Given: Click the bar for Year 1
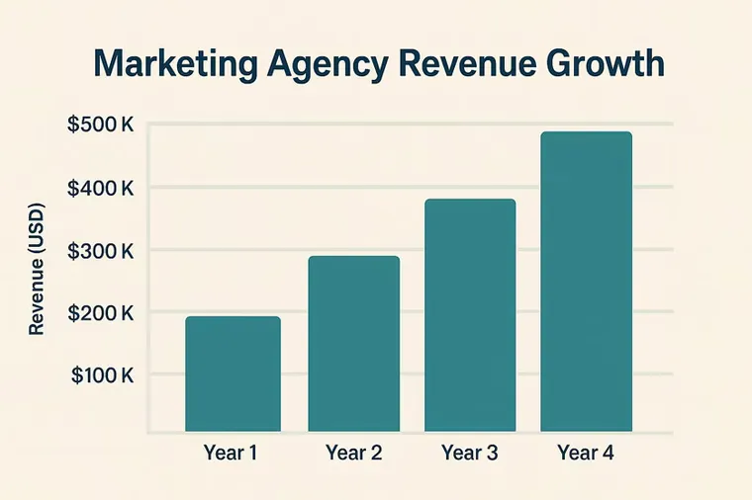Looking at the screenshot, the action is [234, 374].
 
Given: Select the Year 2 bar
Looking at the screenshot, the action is [354, 344].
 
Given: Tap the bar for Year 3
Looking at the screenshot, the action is [470, 315].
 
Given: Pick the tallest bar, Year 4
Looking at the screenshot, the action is [586, 282].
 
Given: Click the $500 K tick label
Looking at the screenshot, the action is [100, 125].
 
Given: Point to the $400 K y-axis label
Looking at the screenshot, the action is [100, 188].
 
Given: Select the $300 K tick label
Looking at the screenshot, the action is [100, 251].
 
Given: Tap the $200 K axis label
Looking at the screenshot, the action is [100, 313].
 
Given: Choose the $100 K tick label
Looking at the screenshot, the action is [102, 375].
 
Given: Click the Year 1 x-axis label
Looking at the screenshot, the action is [231, 453].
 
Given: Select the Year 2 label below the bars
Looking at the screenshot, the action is [354, 453].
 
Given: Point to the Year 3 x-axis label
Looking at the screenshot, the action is [470, 453].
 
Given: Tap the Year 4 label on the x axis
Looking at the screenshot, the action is [586, 453].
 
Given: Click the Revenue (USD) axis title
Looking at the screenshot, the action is [37, 269].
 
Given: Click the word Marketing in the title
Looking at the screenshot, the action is [176, 64].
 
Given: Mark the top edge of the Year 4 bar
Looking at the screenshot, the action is [586, 131].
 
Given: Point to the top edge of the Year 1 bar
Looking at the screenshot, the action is [234, 316].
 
